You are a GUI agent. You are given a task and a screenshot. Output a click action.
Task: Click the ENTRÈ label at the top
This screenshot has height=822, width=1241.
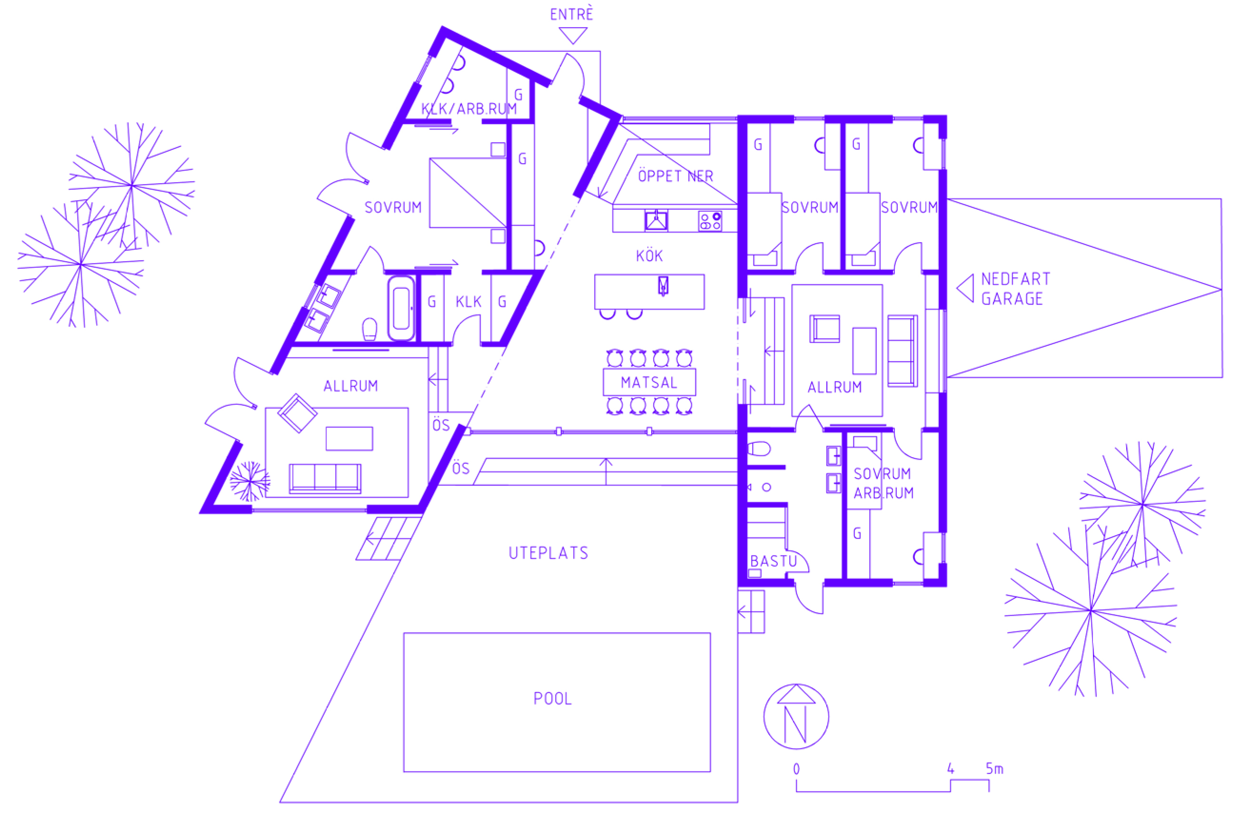click(571, 14)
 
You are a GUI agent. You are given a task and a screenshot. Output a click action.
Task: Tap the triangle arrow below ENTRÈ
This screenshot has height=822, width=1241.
click(573, 35)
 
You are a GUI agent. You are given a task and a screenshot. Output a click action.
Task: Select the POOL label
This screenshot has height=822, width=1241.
click(552, 698)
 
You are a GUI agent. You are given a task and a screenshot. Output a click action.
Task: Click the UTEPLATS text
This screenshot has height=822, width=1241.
click(549, 553)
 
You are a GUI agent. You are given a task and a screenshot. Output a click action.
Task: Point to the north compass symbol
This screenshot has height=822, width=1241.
click(796, 716)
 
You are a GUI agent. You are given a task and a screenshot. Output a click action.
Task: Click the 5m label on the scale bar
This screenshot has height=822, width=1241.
click(994, 769)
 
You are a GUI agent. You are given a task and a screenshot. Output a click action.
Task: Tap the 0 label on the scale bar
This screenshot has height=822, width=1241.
click(796, 769)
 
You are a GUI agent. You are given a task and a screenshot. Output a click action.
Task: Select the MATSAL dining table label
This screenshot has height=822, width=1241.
click(649, 382)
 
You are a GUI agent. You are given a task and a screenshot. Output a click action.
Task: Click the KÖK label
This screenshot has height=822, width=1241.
click(649, 256)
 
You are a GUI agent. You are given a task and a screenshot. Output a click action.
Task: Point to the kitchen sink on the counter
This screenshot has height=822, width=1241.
click(656, 221)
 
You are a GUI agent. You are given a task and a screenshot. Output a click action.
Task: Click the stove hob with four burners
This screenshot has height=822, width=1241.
click(710, 221)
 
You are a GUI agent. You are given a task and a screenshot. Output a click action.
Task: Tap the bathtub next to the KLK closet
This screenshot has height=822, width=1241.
click(401, 308)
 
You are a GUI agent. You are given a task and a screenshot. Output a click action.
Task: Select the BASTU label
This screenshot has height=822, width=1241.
click(774, 561)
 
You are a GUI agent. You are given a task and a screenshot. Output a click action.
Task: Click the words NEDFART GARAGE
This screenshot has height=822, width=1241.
click(1015, 289)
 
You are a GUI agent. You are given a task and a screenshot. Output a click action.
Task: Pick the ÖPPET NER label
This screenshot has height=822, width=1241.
click(675, 176)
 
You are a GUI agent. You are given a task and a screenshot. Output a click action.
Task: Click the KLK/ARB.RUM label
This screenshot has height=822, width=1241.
click(469, 109)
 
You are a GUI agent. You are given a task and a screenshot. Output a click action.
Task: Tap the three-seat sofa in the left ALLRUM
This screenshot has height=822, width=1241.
click(325, 478)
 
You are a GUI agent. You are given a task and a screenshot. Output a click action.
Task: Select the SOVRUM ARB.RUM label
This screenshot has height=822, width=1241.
click(884, 483)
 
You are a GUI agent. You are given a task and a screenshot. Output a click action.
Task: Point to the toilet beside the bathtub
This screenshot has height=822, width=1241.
click(370, 329)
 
